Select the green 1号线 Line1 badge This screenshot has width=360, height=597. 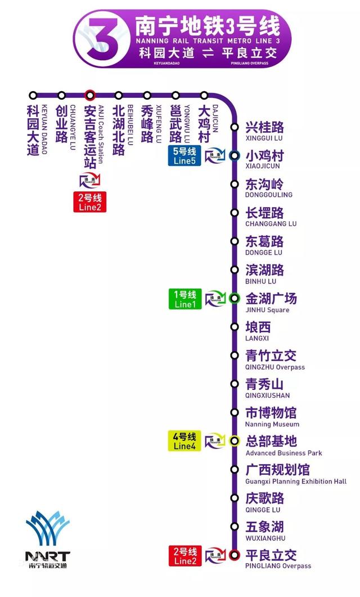click(x=185, y=299)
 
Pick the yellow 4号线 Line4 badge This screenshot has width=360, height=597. click(x=184, y=441)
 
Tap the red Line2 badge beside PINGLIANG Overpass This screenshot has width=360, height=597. click(x=185, y=555)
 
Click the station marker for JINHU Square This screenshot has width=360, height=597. click(x=235, y=299)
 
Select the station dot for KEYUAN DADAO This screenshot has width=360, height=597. click(x=33, y=95)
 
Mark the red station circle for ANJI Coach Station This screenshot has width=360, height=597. click(x=89, y=95)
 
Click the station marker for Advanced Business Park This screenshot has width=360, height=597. click(x=235, y=441)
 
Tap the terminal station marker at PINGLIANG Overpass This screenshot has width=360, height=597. click(x=235, y=555)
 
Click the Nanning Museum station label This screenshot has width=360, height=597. click(x=272, y=418)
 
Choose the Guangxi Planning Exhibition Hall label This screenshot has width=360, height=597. click(x=295, y=474)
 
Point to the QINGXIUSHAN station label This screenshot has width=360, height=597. click(x=268, y=389)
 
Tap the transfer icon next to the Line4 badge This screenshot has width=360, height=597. click(x=214, y=441)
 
